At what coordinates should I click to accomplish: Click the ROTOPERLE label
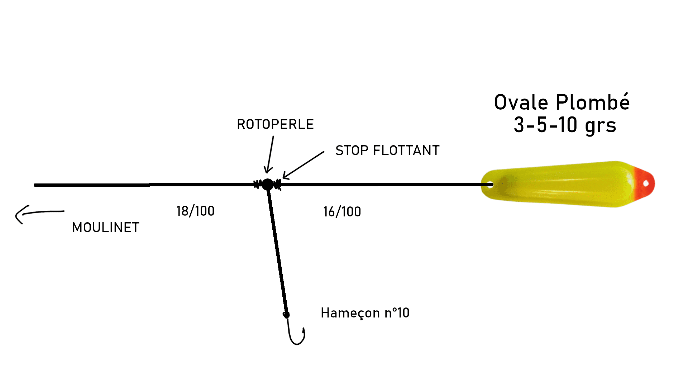coord(275,124)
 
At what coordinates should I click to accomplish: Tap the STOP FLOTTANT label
coord(387,150)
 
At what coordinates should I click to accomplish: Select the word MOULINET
coord(106,228)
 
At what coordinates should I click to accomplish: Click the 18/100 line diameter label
coord(195,211)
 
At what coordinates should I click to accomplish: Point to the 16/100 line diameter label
coord(342,212)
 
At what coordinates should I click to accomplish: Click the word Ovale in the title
coord(521,102)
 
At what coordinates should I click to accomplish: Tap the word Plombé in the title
coord(593,102)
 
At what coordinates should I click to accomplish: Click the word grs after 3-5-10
coord(601,126)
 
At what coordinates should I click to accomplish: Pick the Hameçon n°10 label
coord(365,313)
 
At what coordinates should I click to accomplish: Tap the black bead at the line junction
coord(267,184)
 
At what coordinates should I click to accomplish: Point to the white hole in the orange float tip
coord(646,183)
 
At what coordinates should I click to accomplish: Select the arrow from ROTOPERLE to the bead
coord(270,154)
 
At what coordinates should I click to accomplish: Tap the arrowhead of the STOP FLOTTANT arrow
coord(286,176)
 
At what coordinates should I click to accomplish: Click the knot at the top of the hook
coord(286,315)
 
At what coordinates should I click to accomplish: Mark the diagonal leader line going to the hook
coord(277,251)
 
